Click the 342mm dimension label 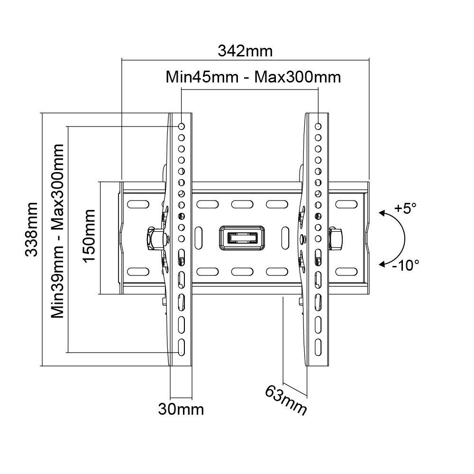[x=245, y=51]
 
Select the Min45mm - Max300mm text [x=253, y=77]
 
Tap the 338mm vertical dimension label [x=32, y=229]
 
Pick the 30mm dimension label [x=181, y=409]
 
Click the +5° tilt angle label [x=405, y=208]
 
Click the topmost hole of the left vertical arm [x=181, y=127]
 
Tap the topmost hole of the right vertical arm [x=318, y=127]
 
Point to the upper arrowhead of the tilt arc [x=382, y=214]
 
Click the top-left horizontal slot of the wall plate [x=137, y=204]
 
